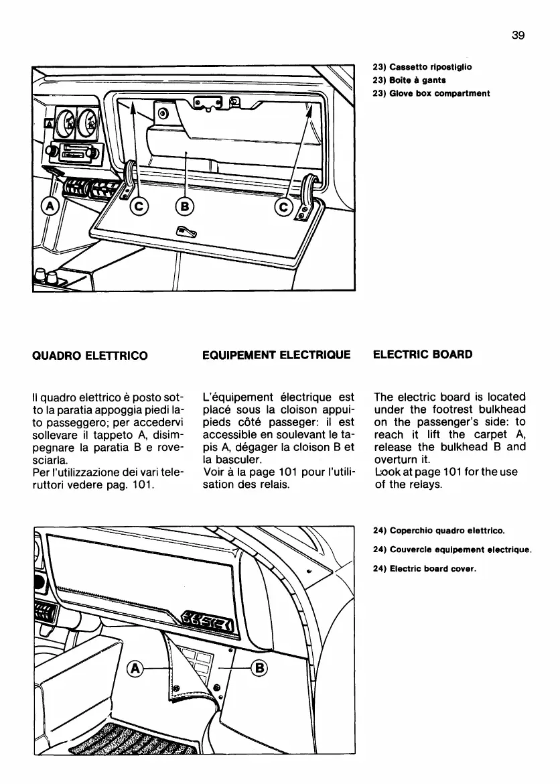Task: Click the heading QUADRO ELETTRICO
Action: pos(90,354)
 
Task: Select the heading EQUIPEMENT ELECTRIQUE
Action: pos(276,354)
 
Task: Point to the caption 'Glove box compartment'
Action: pos(431,93)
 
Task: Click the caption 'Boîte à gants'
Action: pos(409,80)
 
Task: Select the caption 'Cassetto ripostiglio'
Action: pos(422,67)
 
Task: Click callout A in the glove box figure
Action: pos(51,204)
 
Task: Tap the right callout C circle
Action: pos(284,208)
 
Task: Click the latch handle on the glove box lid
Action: pos(185,232)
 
